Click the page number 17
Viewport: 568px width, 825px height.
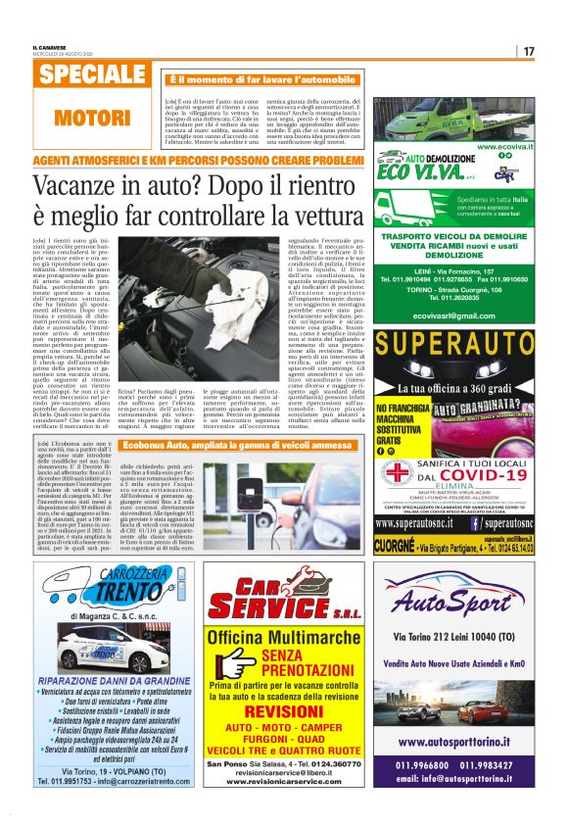pos(530,51)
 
